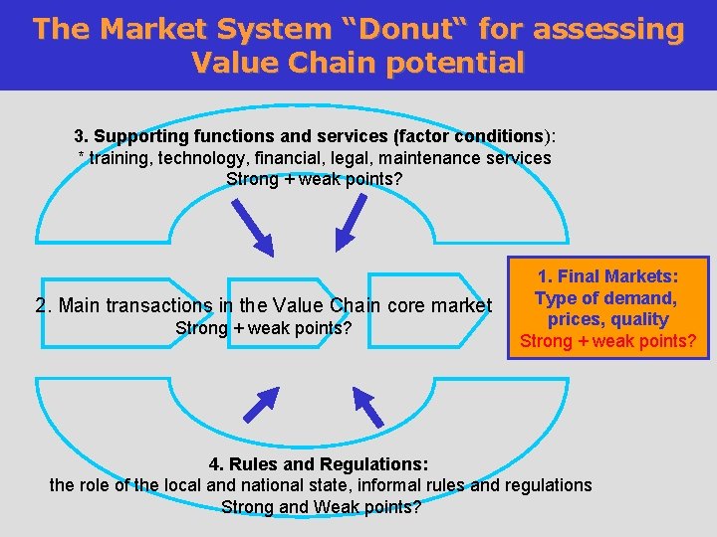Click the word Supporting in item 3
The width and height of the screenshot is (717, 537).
point(138,135)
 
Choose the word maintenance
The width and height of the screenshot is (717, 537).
point(440,158)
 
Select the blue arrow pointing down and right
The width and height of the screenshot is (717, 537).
point(249,226)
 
